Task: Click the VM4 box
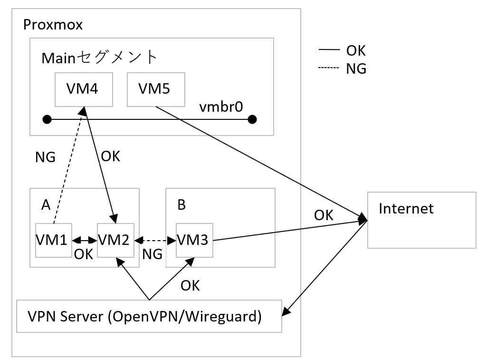tap(84, 89)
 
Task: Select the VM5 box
tap(155, 89)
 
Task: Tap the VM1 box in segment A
tap(54, 239)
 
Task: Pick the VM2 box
tap(115, 239)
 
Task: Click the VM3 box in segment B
tap(195, 239)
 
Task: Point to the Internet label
tap(406, 208)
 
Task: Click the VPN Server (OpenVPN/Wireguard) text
tap(144, 316)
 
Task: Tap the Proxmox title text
tap(53, 25)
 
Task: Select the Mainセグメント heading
tap(99, 57)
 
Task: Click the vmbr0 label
tap(221, 107)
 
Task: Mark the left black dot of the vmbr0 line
tap(47, 119)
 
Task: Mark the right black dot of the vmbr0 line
tap(252, 119)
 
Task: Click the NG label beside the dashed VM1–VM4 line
tap(46, 157)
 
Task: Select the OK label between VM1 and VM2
tap(83, 254)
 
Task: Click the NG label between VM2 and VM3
tap(152, 254)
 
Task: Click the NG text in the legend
tap(356, 69)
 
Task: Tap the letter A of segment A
tap(46, 204)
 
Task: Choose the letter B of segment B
tap(181, 205)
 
